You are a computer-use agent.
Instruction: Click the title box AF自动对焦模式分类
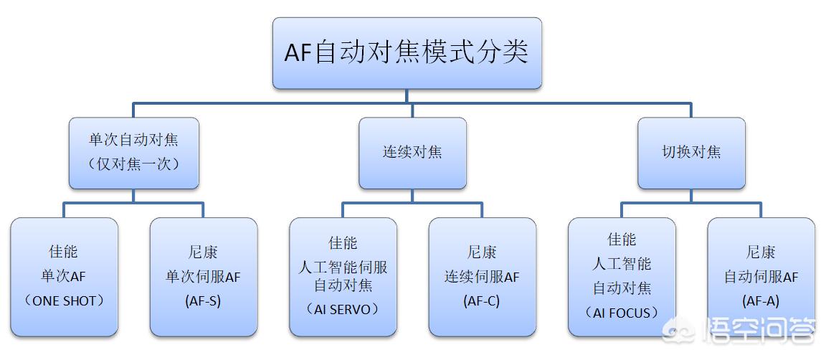[407, 54]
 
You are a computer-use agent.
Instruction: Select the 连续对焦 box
[412, 152]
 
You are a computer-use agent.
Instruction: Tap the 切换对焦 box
[691, 152]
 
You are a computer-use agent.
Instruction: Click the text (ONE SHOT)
[65, 301]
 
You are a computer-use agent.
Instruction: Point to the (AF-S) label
[203, 301]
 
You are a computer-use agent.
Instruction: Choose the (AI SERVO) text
[343, 309]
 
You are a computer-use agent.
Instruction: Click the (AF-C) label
[482, 301]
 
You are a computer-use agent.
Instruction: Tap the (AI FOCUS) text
[622, 313]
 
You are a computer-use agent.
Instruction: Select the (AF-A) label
[761, 301]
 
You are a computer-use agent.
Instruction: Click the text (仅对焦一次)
[133, 164]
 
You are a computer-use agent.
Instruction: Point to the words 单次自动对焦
[133, 141]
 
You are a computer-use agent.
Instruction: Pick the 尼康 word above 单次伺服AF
[203, 252]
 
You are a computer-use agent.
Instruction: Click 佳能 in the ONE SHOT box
[65, 252]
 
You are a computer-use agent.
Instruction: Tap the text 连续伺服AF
[482, 277]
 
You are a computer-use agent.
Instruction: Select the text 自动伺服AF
[761, 277]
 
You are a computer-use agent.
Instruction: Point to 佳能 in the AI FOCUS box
[622, 240]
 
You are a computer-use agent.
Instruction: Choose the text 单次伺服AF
[203, 277]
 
